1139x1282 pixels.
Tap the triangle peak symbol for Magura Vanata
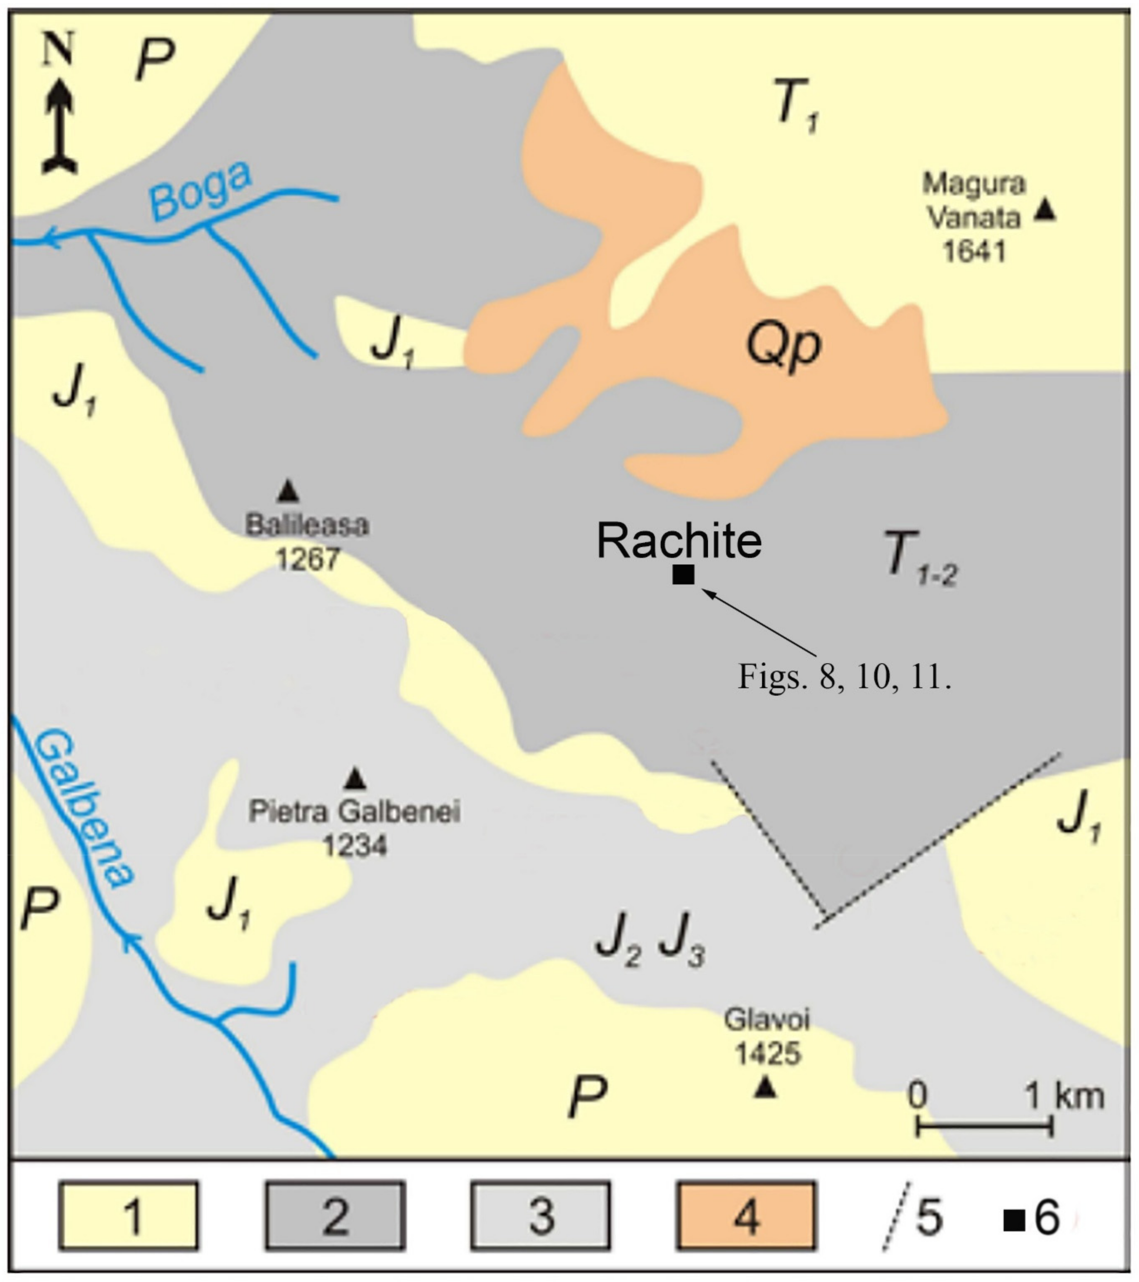(1044, 210)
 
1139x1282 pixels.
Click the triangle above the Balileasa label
(288, 491)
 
